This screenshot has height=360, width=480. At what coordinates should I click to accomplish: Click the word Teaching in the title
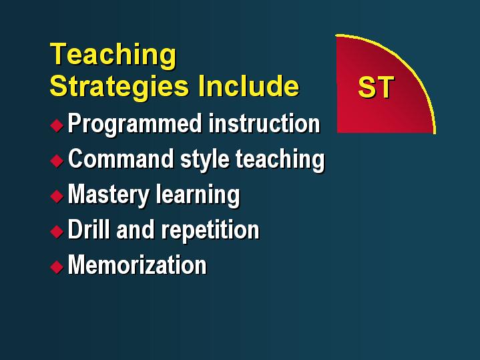pyautogui.click(x=113, y=55)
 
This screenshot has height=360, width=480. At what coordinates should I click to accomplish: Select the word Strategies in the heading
pyautogui.click(x=119, y=87)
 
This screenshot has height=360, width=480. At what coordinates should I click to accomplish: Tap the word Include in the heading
pyautogui.click(x=248, y=85)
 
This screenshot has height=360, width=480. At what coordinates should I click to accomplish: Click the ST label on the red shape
pyautogui.click(x=376, y=87)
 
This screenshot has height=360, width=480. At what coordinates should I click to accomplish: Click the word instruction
pyautogui.click(x=264, y=124)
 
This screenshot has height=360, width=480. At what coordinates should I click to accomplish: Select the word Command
pyautogui.click(x=121, y=159)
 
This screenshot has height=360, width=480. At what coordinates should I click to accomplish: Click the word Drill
pyautogui.click(x=89, y=229)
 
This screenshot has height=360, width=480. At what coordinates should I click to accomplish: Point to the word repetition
pyautogui.click(x=210, y=230)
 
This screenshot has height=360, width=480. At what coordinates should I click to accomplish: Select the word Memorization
pyautogui.click(x=137, y=264)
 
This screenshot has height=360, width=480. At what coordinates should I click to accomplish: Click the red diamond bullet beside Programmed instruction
pyautogui.click(x=57, y=126)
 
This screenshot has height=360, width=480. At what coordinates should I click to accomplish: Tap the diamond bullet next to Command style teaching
pyautogui.click(x=57, y=160)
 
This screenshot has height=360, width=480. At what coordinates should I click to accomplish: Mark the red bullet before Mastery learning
pyautogui.click(x=57, y=196)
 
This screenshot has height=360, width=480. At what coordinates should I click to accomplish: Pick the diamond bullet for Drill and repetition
pyautogui.click(x=57, y=231)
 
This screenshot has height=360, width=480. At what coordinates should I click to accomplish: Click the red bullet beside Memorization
pyautogui.click(x=57, y=267)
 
